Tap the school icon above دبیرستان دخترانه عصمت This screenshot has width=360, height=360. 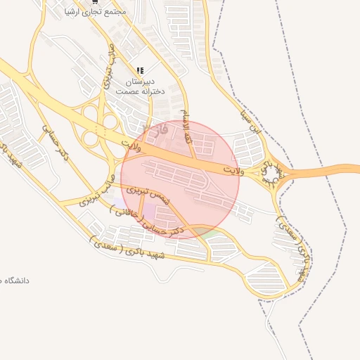[140, 71]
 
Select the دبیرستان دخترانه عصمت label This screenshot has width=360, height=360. [140, 86]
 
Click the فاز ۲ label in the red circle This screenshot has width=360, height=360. [160, 129]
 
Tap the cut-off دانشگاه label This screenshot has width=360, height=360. [15, 281]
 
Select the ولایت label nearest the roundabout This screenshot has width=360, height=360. [231, 171]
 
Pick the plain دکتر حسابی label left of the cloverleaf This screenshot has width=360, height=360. [55, 141]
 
